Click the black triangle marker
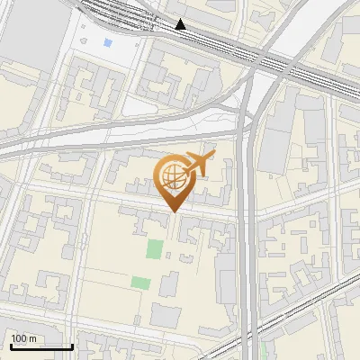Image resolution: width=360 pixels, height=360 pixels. coord(181,24)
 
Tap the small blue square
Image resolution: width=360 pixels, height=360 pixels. coord(108,42)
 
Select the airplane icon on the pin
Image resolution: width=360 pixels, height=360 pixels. coord(198,165)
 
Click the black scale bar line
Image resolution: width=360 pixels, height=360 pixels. coord(41,346)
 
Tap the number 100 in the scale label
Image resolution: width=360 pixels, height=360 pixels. coord(20,338)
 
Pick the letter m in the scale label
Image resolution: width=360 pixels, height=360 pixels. coord(32,339)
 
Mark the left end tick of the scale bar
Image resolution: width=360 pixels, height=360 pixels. coord(11,345)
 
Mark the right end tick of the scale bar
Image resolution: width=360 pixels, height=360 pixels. coord(72,345)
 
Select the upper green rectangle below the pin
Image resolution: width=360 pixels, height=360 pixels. coord(155,249)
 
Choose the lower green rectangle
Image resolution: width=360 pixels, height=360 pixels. coord(140,283)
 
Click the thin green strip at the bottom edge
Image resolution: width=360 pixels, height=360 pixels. coord(263,351)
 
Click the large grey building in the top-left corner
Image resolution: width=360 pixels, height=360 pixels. coord(31,36)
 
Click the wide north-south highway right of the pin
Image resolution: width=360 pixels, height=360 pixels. coord(248,225)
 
